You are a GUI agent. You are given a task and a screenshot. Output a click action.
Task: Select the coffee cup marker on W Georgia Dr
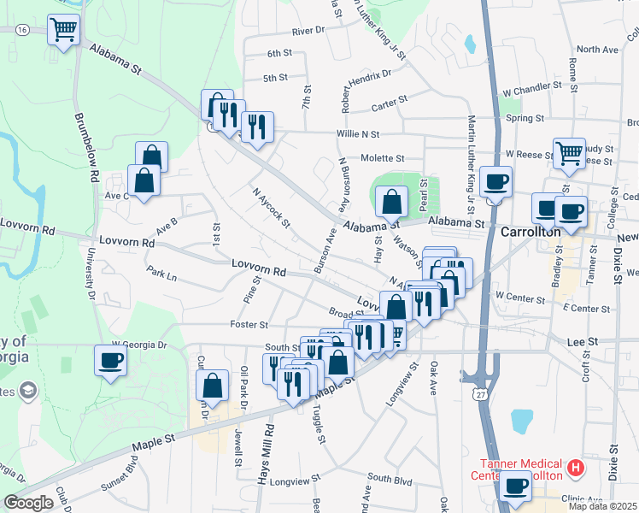(x=109, y=361)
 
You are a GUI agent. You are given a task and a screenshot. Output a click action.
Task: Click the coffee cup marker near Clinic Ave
(x=515, y=486)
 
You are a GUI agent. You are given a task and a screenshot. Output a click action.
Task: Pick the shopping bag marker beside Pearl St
(x=391, y=202)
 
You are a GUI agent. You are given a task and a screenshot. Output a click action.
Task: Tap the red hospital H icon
(x=576, y=468)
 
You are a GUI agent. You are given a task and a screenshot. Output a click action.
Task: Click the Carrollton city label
(x=530, y=232)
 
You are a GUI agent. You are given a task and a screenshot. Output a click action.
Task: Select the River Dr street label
(x=308, y=31)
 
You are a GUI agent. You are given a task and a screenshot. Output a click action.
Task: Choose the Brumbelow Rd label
(x=85, y=150)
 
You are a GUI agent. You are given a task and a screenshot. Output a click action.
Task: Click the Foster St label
(x=249, y=325)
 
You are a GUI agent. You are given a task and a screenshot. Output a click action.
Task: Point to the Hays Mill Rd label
(x=268, y=454)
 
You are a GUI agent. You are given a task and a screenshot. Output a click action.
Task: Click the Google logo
(x=28, y=503)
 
